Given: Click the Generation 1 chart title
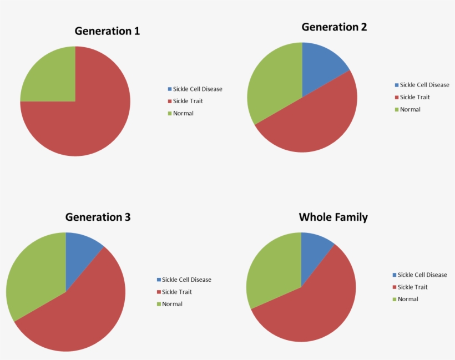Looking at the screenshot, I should pyautogui.click(x=107, y=31).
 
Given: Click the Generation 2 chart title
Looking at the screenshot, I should pyautogui.click(x=334, y=27).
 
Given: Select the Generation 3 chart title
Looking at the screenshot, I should pyautogui.click(x=98, y=217).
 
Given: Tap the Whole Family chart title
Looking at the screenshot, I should pyautogui.click(x=333, y=217).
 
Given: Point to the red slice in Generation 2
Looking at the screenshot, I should pyautogui.click(x=311, y=122).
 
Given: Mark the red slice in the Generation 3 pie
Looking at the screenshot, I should pyautogui.click(x=78, y=316).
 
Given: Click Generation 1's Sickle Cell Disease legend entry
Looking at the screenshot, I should pyautogui.click(x=194, y=89).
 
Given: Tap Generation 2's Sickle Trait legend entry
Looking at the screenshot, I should pyautogui.click(x=412, y=97).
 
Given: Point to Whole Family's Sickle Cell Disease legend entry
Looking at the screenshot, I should pyautogui.click(x=419, y=275).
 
